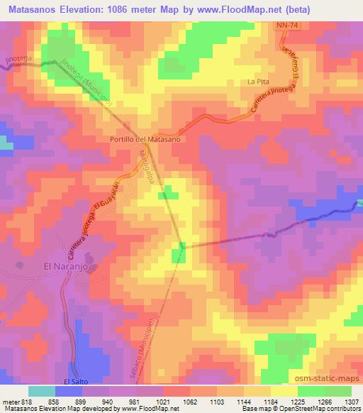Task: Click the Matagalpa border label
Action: point(146,170)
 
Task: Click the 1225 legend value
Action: point(286,401)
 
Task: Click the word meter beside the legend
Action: point(10,401)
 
